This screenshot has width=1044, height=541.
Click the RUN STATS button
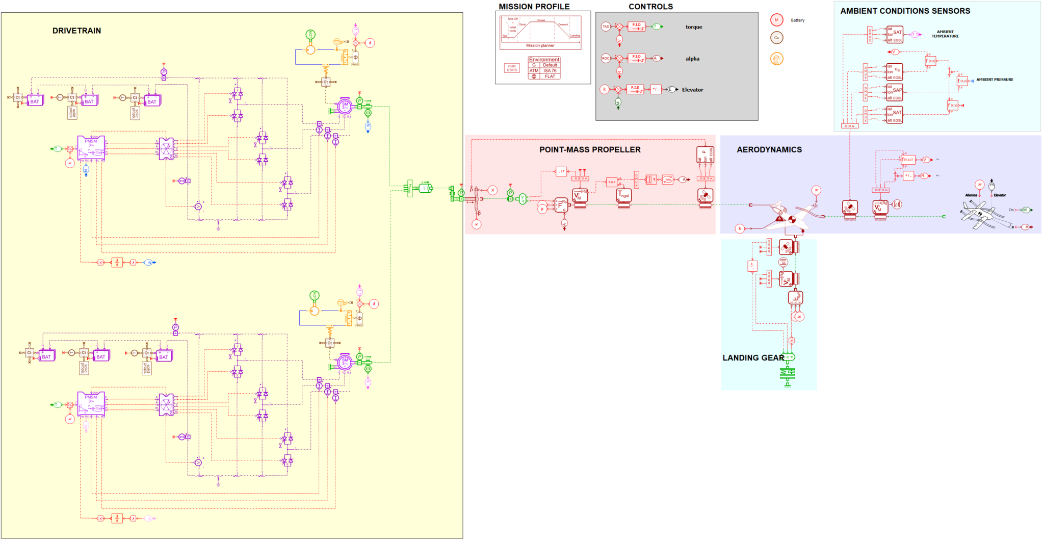[x=512, y=68]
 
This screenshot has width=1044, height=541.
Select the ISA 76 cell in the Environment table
[x=550, y=71]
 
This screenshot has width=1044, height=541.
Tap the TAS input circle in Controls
[x=606, y=27]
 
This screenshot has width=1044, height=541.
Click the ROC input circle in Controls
[x=606, y=58]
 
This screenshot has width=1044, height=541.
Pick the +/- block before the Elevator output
[x=656, y=89]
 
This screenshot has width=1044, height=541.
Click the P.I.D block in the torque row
[x=636, y=27]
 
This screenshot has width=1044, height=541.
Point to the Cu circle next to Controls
[x=776, y=38]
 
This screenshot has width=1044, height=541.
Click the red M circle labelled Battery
[x=776, y=20]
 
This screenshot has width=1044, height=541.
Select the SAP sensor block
[x=895, y=92]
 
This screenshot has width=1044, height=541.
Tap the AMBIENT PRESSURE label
[x=994, y=80]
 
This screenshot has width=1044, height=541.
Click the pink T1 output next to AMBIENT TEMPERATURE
[x=915, y=35]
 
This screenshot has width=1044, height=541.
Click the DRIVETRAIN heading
[x=76, y=31]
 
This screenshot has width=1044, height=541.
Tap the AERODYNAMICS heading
[x=769, y=150]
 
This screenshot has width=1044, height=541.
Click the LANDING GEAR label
[x=753, y=358]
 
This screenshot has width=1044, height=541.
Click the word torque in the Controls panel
[x=693, y=27]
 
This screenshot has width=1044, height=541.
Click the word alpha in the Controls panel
[x=692, y=59]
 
